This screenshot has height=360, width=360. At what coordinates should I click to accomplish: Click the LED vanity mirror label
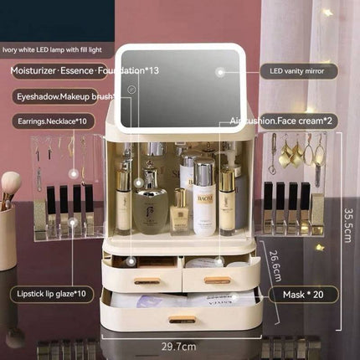click(x=299, y=71)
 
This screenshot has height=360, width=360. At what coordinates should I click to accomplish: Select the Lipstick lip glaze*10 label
click(x=51, y=294)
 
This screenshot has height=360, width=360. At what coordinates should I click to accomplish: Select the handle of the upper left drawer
click(x=147, y=280)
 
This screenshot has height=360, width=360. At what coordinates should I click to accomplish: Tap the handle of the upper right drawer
click(x=217, y=280)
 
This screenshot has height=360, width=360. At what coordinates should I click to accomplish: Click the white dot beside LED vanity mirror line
click(x=221, y=72)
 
